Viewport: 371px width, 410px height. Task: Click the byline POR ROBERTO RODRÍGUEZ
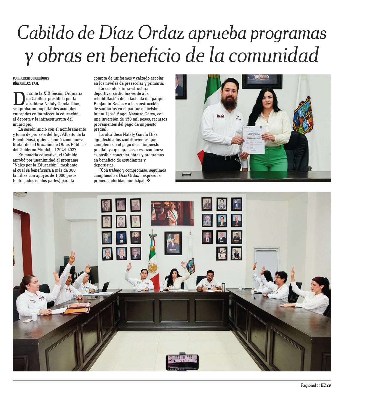click(x=31, y=78)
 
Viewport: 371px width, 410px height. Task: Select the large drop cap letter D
click(x=19, y=99)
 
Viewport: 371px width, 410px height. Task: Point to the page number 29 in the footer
click(x=328, y=385)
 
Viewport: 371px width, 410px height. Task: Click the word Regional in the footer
click(x=308, y=385)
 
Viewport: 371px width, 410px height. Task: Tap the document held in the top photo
click(x=254, y=140)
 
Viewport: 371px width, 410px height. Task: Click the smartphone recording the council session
click(x=182, y=362)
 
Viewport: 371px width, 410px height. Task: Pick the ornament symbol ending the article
click(x=148, y=181)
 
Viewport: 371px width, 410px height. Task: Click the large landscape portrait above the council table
click(x=172, y=213)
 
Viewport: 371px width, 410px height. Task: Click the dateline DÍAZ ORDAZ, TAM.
click(x=26, y=83)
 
